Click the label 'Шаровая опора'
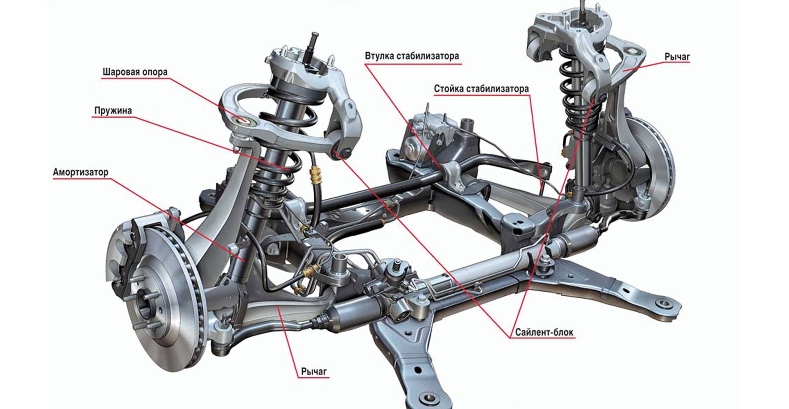pos(135,72)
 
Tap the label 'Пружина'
pos(113,111)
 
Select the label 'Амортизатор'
pos(81,172)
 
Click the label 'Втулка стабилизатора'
pos(412,56)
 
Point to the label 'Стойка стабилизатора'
pos(481,89)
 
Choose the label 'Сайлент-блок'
pos(544,332)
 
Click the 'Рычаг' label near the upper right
pos(677,57)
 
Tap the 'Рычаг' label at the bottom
pos(314,371)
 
